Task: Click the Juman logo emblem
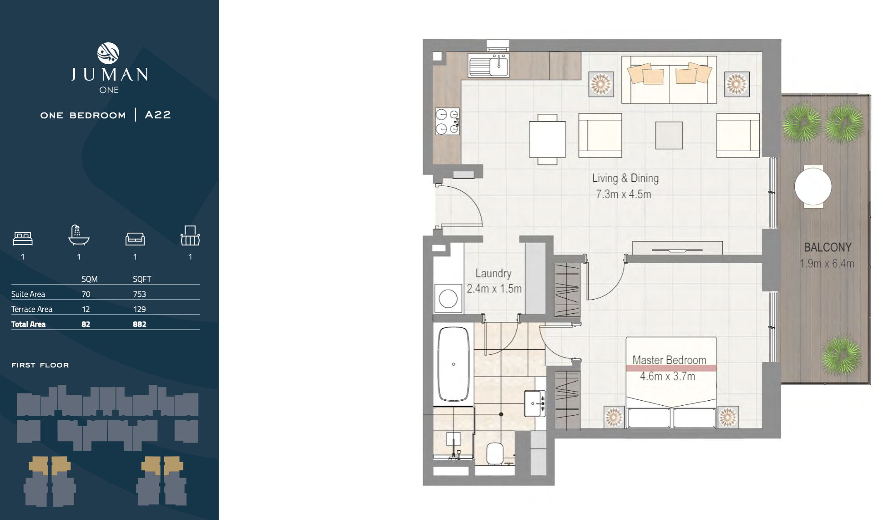(x=108, y=53)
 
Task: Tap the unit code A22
(x=158, y=115)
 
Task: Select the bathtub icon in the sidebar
(x=79, y=235)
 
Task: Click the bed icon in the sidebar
(x=23, y=238)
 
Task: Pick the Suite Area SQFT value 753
(x=139, y=294)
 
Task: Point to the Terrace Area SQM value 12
(x=86, y=309)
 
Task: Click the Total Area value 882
(x=140, y=324)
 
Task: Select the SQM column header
(x=89, y=279)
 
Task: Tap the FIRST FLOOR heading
(x=40, y=365)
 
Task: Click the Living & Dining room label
(x=625, y=178)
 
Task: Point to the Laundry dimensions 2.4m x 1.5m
(x=494, y=289)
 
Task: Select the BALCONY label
(x=827, y=247)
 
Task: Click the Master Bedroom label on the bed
(x=669, y=360)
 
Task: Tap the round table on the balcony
(x=813, y=187)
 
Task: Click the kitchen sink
(x=489, y=66)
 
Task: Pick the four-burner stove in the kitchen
(x=447, y=122)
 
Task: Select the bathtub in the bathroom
(x=454, y=364)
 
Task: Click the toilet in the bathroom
(x=495, y=453)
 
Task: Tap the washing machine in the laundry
(x=448, y=299)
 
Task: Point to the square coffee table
(x=669, y=135)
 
